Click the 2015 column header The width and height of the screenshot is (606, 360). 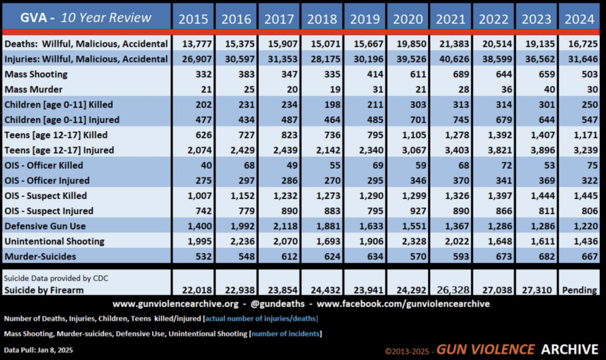pos(193,19)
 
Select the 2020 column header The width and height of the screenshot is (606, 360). pos(408,19)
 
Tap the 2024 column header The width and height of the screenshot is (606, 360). pos(579,19)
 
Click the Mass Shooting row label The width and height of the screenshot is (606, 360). pos(36,74)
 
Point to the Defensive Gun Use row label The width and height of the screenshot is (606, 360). pos(45,226)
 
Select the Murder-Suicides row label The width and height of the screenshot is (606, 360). pos(40,256)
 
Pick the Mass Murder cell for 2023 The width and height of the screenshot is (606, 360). pos(549,89)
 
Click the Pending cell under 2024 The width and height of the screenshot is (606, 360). pos(579,290)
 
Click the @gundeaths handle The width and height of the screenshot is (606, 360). pos(278,304)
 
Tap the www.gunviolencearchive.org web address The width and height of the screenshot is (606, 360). pos(176,304)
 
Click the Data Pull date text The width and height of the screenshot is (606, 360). pos(38,350)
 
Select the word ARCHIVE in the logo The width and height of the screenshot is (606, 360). pos(570,349)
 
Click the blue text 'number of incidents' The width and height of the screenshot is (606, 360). pos(286,334)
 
